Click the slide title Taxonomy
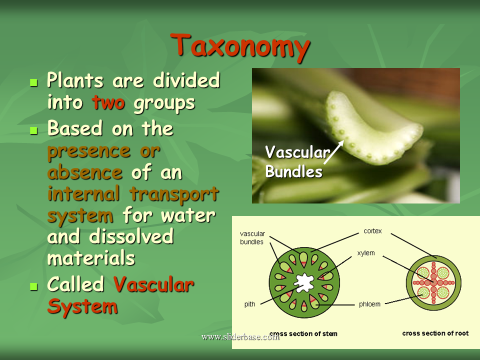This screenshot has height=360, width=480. tap(240, 46)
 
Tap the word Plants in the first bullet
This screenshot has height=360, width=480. tap(75, 80)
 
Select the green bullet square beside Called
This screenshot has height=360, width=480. tap(33, 286)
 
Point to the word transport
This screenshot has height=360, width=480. tap(174, 194)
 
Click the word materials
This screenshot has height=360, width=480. tap(91, 258)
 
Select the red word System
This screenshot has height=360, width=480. tap(82, 306)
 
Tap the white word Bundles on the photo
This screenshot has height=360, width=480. tap(293, 171)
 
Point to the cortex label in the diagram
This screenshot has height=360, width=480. tap(372, 231)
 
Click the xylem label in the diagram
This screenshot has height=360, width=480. tap(366, 253)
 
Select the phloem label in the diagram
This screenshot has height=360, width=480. tap(369, 304)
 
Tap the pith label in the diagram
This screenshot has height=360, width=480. tap(250, 304)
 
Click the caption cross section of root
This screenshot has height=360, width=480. tap(435, 333)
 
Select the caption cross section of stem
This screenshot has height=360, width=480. tap(303, 333)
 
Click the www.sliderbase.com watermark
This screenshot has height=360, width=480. tap(240, 336)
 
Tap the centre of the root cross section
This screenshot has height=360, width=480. tap(433, 282)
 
